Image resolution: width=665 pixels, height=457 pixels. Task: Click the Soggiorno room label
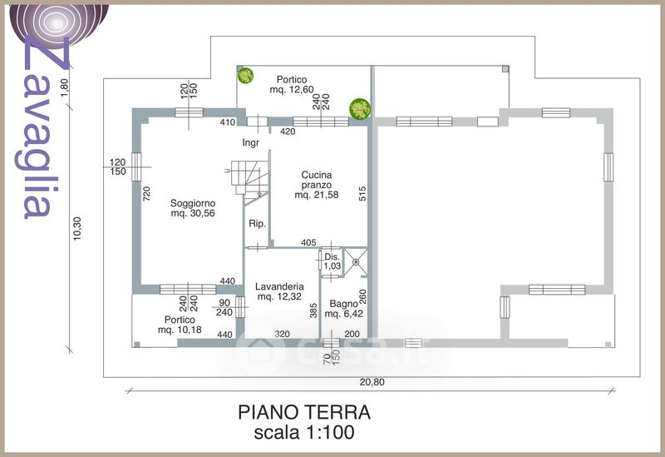click(193, 208)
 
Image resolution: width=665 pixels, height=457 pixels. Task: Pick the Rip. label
click(256, 224)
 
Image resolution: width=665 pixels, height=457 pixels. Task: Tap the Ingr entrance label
click(251, 142)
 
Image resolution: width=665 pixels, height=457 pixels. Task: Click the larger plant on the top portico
click(360, 107)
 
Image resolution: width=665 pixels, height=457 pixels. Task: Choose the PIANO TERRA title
click(303, 412)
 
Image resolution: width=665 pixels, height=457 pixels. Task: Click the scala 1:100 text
click(303, 432)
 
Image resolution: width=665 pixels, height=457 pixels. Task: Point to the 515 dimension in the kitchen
click(362, 193)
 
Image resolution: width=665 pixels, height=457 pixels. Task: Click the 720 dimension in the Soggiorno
click(147, 196)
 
